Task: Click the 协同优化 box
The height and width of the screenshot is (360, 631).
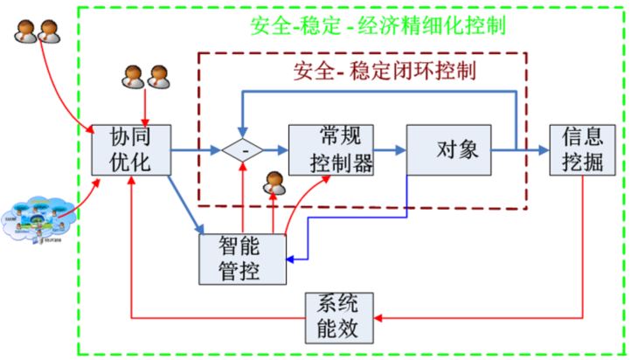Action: (130, 150)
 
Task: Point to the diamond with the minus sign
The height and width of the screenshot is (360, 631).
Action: (242, 150)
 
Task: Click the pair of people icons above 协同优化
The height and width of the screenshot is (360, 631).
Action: (144, 76)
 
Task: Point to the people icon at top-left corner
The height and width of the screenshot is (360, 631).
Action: (31, 32)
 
